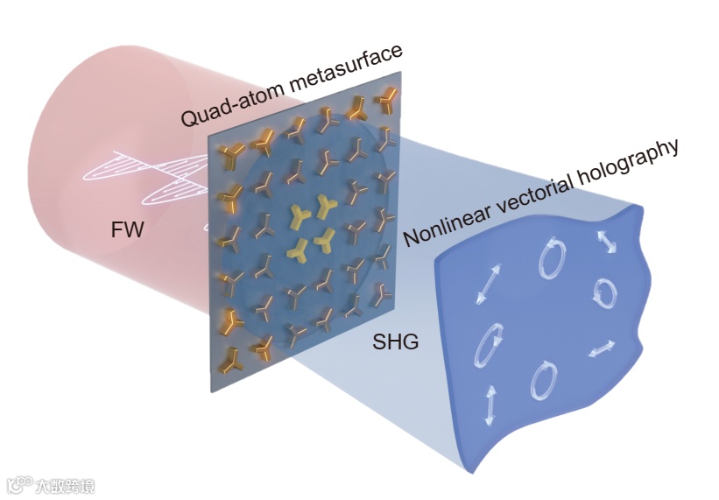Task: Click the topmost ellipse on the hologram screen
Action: point(553,260)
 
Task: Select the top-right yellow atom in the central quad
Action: point(328,207)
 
